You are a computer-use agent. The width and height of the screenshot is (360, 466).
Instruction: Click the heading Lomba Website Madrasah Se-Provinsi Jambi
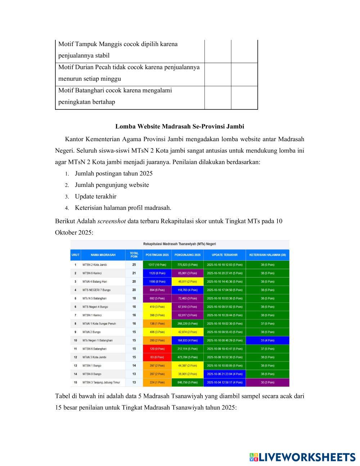pyautogui.click(x=180, y=126)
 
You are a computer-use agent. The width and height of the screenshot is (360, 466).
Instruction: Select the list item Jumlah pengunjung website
pyautogui.click(x=112, y=185)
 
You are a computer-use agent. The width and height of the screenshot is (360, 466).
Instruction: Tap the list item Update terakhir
pyautogui.click(x=95, y=196)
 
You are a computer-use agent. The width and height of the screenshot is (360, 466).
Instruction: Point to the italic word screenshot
pyautogui.click(x=111, y=221)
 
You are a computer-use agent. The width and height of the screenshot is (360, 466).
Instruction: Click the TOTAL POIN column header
pyautogui.click(x=134, y=255)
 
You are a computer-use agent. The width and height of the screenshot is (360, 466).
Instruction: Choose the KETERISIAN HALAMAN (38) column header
pyautogui.click(x=267, y=255)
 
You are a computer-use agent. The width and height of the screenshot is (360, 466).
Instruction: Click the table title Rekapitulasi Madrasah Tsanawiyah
pyautogui.click(x=179, y=244)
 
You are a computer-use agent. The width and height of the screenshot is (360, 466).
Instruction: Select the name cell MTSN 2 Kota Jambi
pyautogui.click(x=95, y=265)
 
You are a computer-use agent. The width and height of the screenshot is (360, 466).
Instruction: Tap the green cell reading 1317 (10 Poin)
pyautogui.click(x=157, y=265)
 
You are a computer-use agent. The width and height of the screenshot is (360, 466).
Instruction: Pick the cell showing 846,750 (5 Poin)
pyautogui.click(x=187, y=382)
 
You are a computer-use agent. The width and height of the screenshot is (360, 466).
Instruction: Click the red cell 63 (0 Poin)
pyautogui.click(x=157, y=357)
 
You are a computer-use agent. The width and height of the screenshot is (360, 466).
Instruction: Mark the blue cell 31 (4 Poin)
pyautogui.click(x=267, y=340)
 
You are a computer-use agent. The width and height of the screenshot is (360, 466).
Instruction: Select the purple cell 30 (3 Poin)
pyautogui.click(x=267, y=382)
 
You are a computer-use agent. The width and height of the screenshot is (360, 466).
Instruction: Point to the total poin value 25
pyautogui.click(x=134, y=265)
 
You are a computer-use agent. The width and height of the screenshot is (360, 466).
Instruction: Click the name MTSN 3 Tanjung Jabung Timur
pyautogui.click(x=101, y=382)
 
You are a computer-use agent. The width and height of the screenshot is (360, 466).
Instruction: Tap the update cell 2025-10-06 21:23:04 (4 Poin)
pyautogui.click(x=225, y=374)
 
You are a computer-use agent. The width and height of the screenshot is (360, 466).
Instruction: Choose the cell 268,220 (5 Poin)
pyautogui.click(x=187, y=323)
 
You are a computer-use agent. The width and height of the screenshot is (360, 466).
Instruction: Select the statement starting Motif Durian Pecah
pyautogui.click(x=129, y=73)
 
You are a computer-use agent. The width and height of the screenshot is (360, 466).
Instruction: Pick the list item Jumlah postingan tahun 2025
pyautogui.click(x=113, y=173)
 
